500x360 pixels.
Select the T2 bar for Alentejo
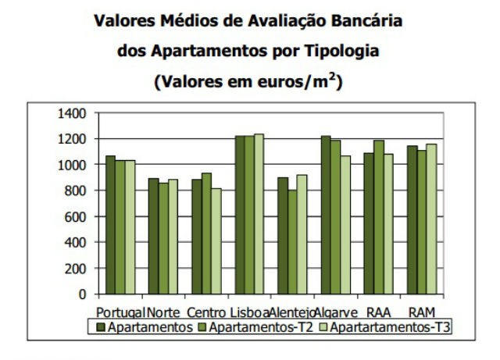click(292, 242)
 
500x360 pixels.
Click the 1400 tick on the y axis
click(73, 113)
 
